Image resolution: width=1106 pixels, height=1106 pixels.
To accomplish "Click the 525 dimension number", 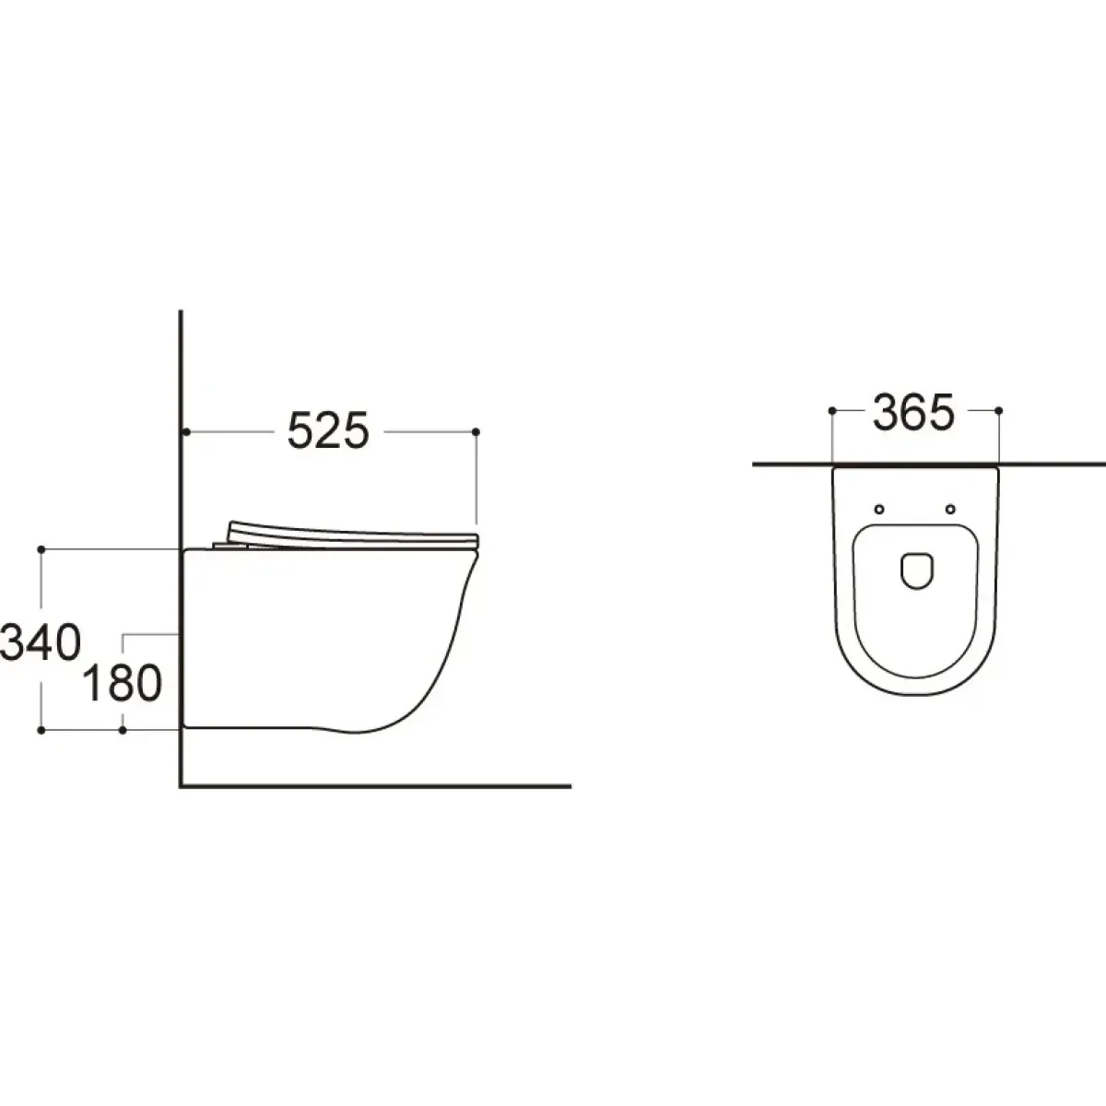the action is [x=328, y=430].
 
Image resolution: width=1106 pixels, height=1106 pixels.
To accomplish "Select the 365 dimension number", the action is [x=913, y=411].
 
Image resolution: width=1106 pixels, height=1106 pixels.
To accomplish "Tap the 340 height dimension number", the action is [x=41, y=641].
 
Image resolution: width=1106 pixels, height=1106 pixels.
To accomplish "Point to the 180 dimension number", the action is [x=123, y=683].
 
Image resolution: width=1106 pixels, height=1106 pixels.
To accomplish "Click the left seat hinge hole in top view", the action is [x=879, y=509].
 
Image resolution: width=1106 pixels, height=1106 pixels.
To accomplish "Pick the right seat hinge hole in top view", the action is [x=950, y=509].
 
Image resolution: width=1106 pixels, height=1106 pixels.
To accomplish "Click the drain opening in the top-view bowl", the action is [x=916, y=571].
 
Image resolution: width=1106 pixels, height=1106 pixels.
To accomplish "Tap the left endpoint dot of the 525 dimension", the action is [x=186, y=431].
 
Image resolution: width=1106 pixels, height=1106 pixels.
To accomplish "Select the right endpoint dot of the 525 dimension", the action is [x=476, y=431].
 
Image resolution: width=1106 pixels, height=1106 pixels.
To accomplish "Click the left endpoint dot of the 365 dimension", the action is [x=832, y=410].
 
